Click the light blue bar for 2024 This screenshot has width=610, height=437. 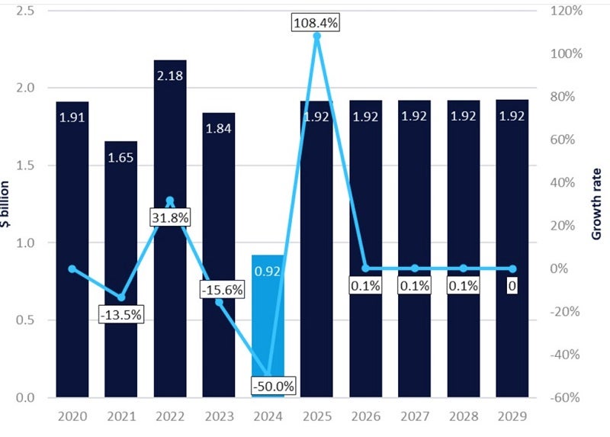click(x=268, y=336)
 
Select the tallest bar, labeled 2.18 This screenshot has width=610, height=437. click(x=170, y=229)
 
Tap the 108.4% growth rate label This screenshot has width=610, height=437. click(x=316, y=22)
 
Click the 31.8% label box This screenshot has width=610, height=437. click(x=169, y=217)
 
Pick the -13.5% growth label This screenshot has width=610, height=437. click(x=121, y=313)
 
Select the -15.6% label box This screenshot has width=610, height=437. click(x=219, y=291)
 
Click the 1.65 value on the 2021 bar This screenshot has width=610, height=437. click(x=121, y=158)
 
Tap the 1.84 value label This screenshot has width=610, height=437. click(x=219, y=129)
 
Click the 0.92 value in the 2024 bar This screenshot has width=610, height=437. click(x=268, y=271)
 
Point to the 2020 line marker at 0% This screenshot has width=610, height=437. click(x=72, y=268)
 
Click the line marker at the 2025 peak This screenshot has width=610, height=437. click(x=316, y=36)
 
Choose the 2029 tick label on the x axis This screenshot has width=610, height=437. click(x=512, y=417)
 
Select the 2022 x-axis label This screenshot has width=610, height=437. click(x=170, y=417)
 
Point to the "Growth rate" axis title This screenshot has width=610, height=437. click(x=596, y=204)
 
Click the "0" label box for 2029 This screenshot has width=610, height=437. click(x=512, y=286)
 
